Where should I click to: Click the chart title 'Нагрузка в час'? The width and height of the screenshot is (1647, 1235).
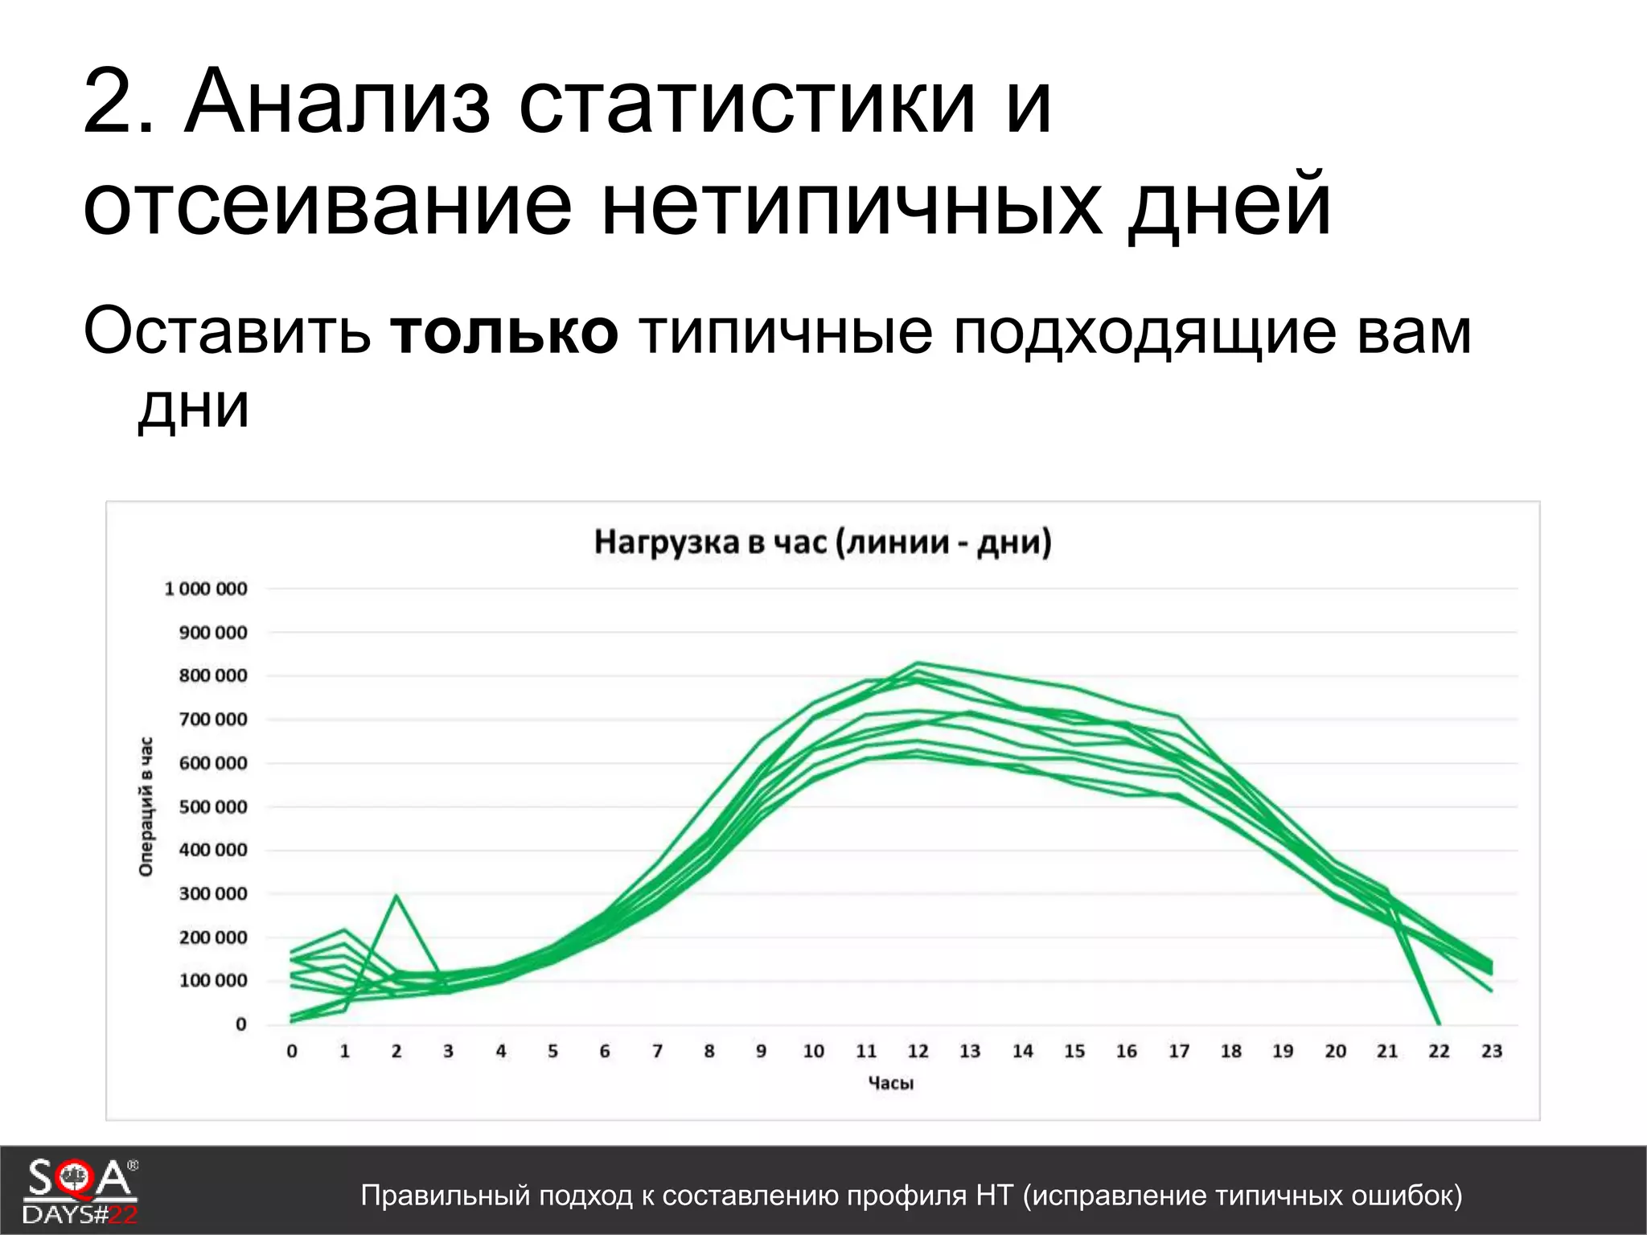point(822,542)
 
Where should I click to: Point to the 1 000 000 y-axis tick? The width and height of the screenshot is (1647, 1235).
point(206,589)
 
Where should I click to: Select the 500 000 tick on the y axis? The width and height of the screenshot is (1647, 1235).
point(212,806)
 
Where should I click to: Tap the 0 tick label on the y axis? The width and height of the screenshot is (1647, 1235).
point(240,1024)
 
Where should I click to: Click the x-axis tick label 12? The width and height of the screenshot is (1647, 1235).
point(918,1051)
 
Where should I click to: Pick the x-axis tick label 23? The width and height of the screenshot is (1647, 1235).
point(1491,1051)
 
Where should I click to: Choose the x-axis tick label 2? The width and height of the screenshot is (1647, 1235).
point(396,1051)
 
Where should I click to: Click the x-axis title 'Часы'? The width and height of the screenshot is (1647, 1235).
point(890,1083)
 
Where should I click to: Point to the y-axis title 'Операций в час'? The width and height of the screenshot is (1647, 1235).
point(146,806)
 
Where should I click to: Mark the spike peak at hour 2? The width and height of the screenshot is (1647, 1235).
point(396,896)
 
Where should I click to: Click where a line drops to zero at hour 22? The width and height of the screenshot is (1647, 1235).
point(1438,1024)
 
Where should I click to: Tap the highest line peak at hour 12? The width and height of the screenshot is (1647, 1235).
point(918,663)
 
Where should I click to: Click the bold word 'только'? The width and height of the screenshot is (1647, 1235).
point(504,331)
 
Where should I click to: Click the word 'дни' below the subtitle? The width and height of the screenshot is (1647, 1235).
point(193,406)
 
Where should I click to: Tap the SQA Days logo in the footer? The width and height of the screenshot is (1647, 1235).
point(80,1191)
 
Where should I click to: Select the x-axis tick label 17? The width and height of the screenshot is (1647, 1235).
point(1178,1051)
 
